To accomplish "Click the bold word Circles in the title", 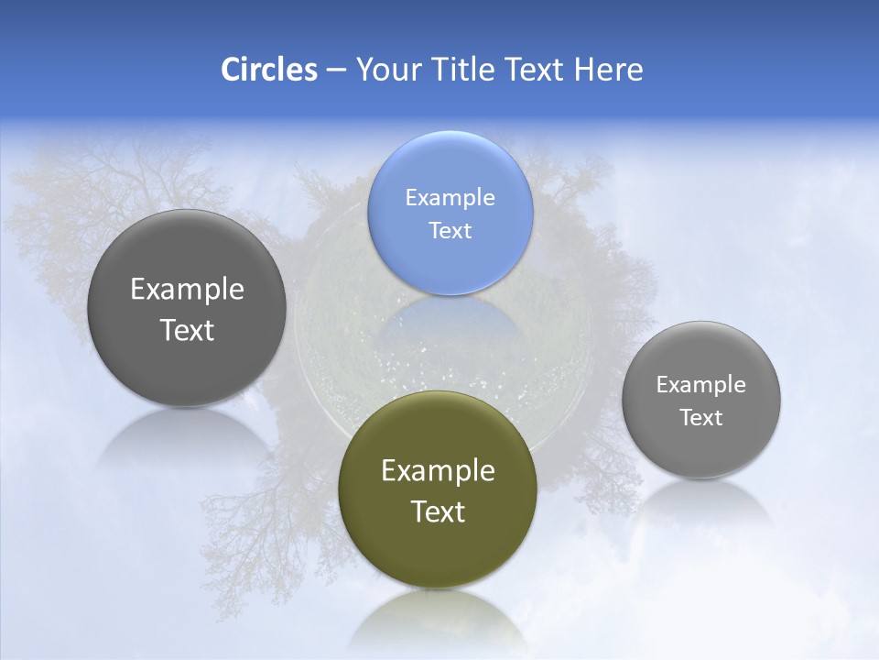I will (268, 70).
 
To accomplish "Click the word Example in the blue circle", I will (450, 197).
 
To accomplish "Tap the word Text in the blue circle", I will (450, 230).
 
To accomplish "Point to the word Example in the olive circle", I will (438, 470).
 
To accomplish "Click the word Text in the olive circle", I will (438, 511).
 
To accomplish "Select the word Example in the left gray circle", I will (187, 289).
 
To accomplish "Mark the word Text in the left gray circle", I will (187, 330).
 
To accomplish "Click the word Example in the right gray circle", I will (700, 384).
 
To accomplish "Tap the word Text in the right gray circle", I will (700, 417).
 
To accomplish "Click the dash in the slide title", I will (336, 71).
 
